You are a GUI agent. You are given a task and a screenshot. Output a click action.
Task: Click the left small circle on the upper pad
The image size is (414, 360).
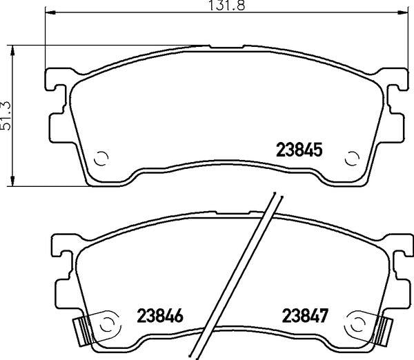pos(100,159)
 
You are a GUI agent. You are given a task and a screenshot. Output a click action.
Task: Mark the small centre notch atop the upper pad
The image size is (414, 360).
pos(226,47)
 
